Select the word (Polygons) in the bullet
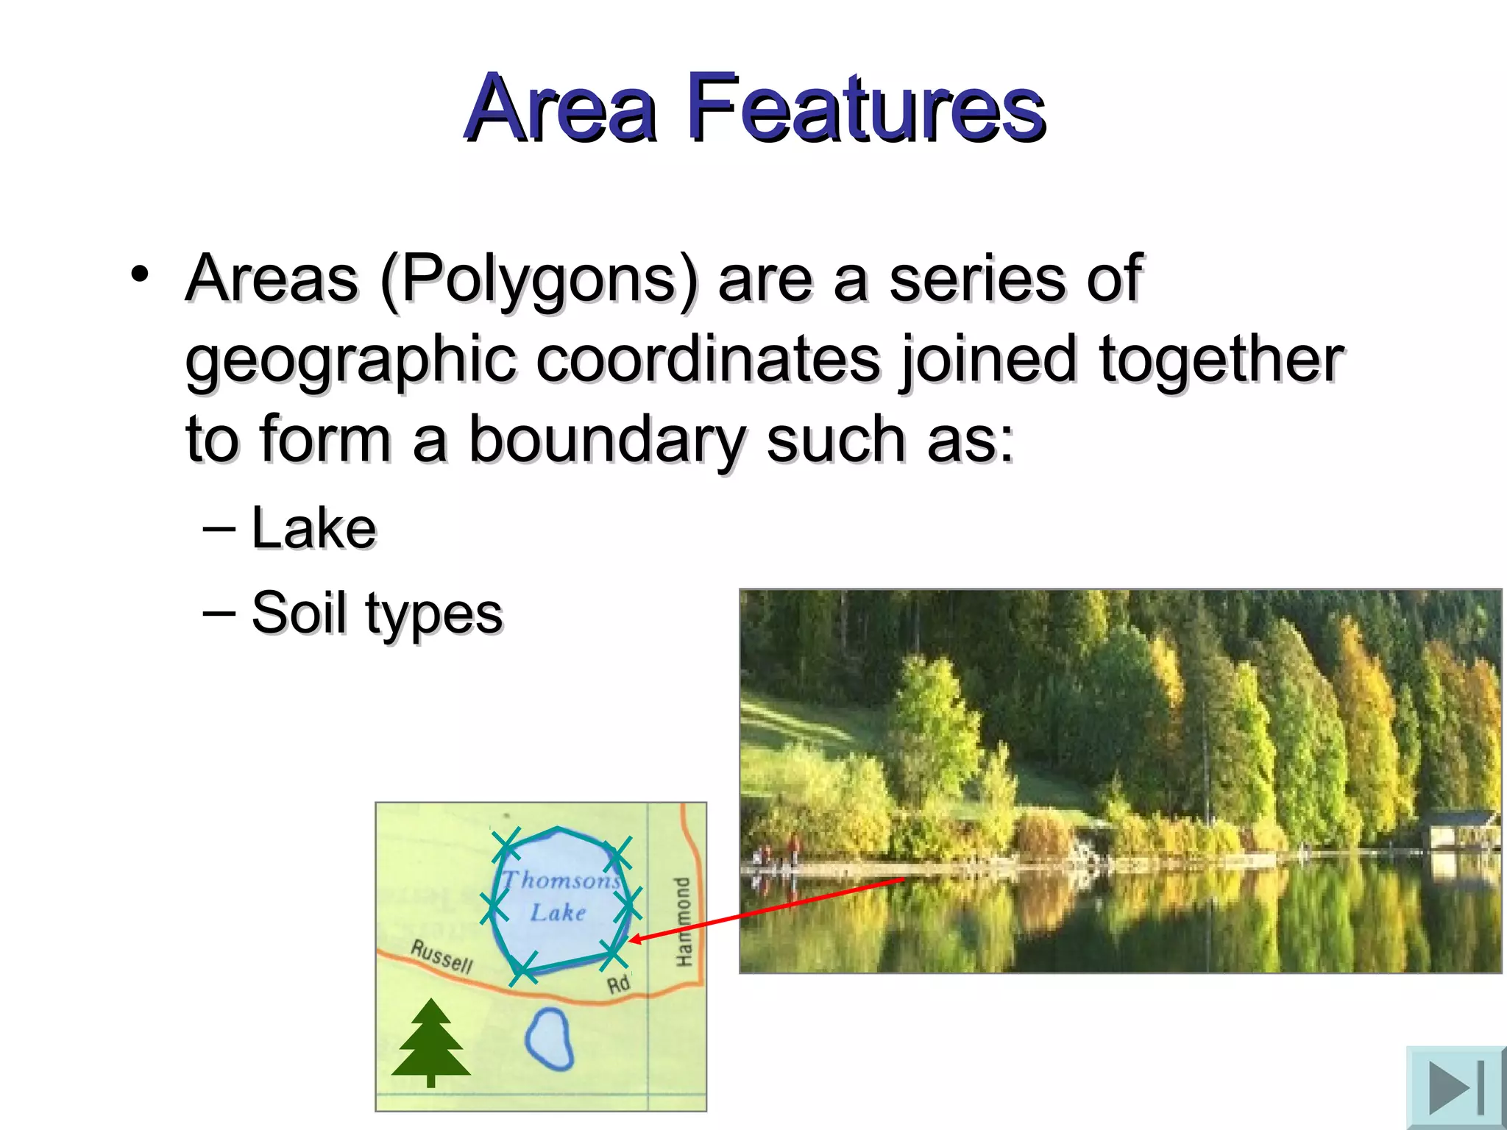pos(538,280)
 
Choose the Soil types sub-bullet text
pos(376,613)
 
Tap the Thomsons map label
pos(561,880)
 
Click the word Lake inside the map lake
pos(558,913)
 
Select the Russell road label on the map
pos(442,956)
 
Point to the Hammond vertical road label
pos(684,922)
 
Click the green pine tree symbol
pos(431,1043)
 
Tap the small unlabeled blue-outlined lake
pos(550,1038)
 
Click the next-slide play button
pos(1455,1087)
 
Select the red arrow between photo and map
pos(765,909)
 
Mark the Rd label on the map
pos(618,984)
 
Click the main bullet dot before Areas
pos(139,274)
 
